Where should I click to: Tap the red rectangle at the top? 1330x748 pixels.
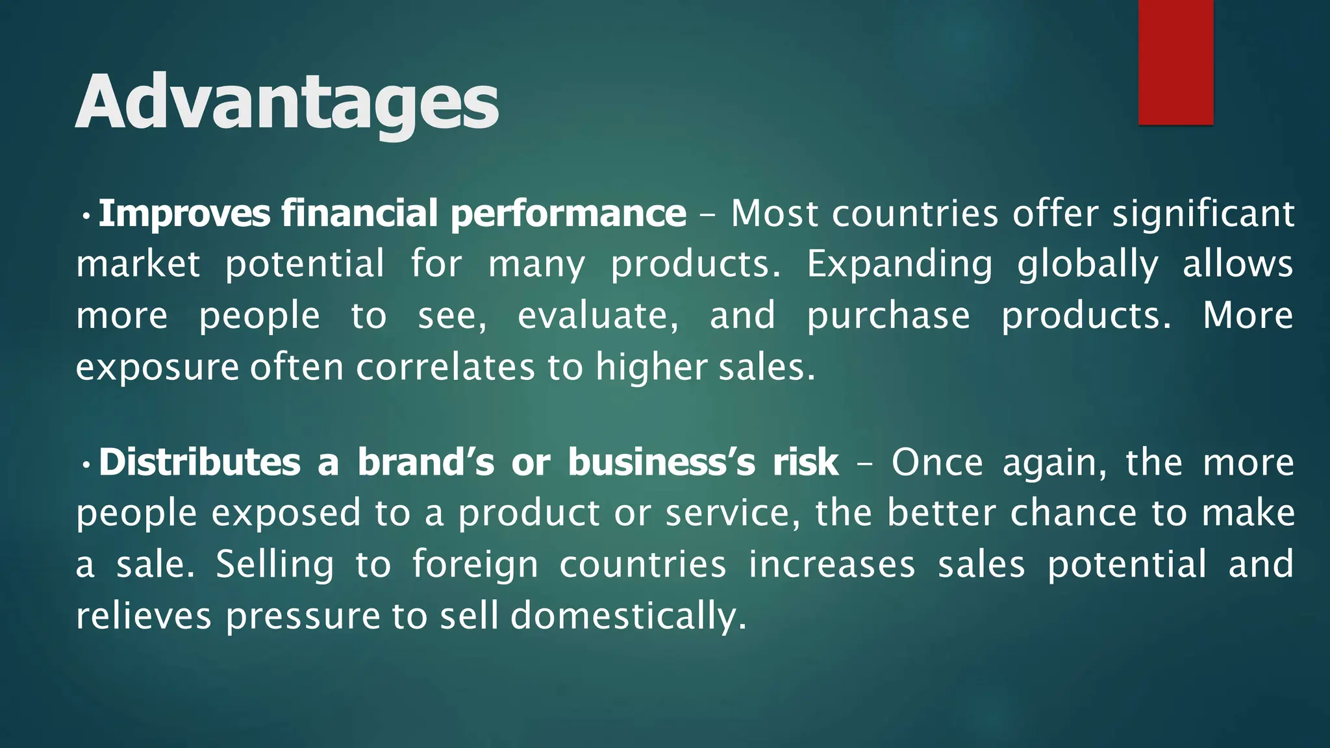[1175, 62]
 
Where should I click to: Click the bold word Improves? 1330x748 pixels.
[184, 214]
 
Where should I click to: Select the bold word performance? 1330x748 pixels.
[568, 214]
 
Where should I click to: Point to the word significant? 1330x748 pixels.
[1203, 214]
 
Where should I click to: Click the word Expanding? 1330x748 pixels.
[899, 265]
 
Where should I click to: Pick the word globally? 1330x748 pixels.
[1088, 265]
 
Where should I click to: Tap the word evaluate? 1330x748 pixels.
[598, 316]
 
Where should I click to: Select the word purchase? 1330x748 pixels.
[888, 316]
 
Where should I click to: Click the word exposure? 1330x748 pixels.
[157, 368]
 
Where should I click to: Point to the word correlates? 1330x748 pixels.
[445, 368]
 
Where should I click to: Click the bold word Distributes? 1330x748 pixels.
[199, 462]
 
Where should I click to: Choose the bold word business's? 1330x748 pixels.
[662, 462]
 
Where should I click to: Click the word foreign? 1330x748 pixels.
[475, 564]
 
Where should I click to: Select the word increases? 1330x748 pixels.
[832, 564]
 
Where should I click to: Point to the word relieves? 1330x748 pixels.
[144, 616]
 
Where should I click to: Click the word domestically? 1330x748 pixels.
[628, 616]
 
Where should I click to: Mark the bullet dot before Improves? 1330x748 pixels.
[85, 215]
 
